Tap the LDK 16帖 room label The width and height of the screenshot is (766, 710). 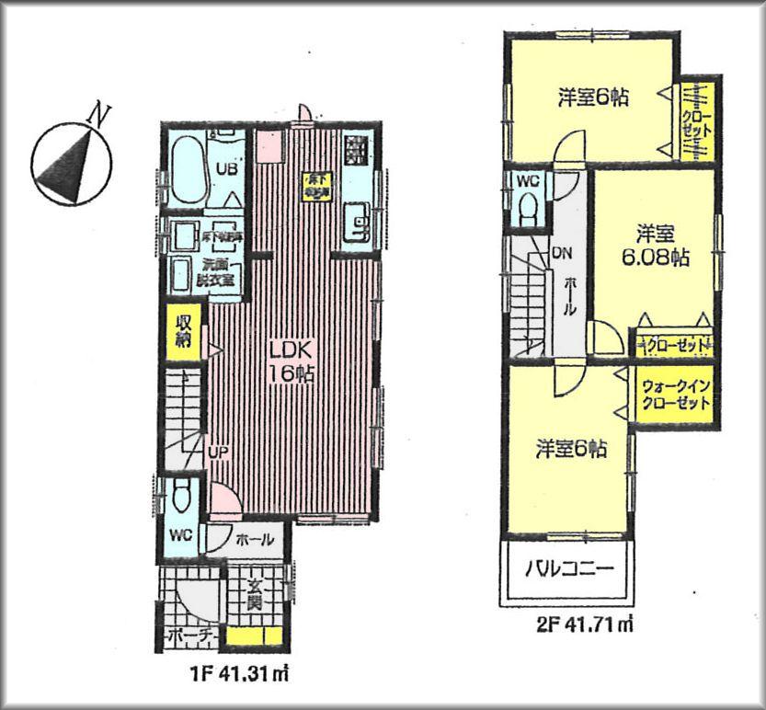coord(292,361)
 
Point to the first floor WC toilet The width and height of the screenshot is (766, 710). coord(180,498)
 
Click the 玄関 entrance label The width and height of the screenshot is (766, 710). coord(252,596)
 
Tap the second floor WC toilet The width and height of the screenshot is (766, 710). coord(527,211)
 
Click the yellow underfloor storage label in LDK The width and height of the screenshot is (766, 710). coord(316,186)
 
